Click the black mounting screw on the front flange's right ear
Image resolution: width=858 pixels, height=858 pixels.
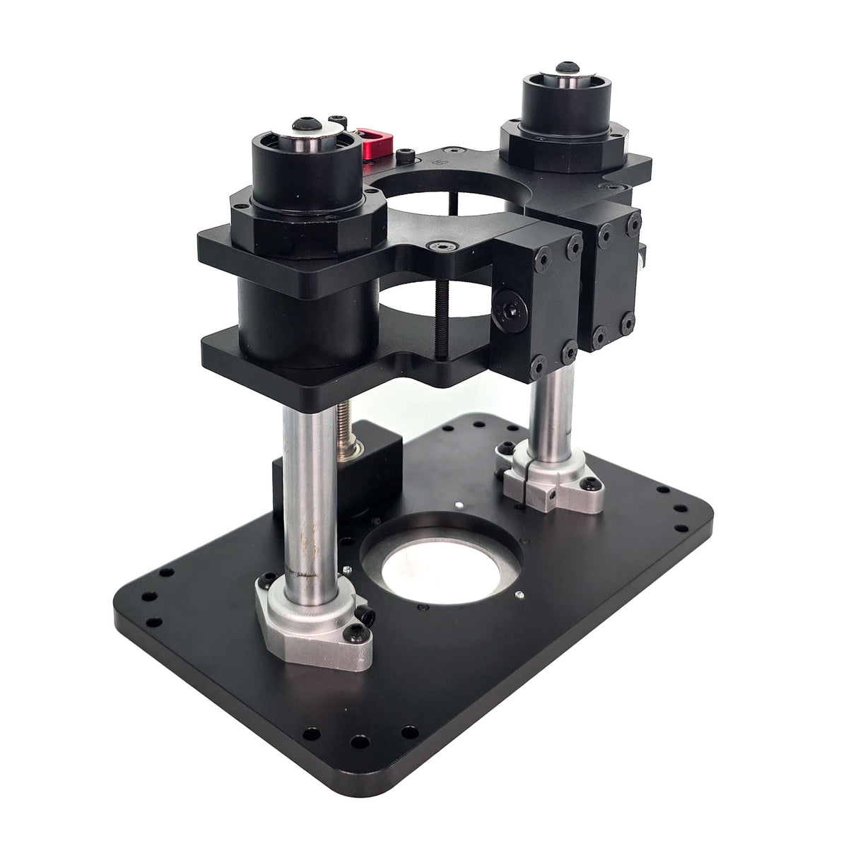(x=367, y=616)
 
